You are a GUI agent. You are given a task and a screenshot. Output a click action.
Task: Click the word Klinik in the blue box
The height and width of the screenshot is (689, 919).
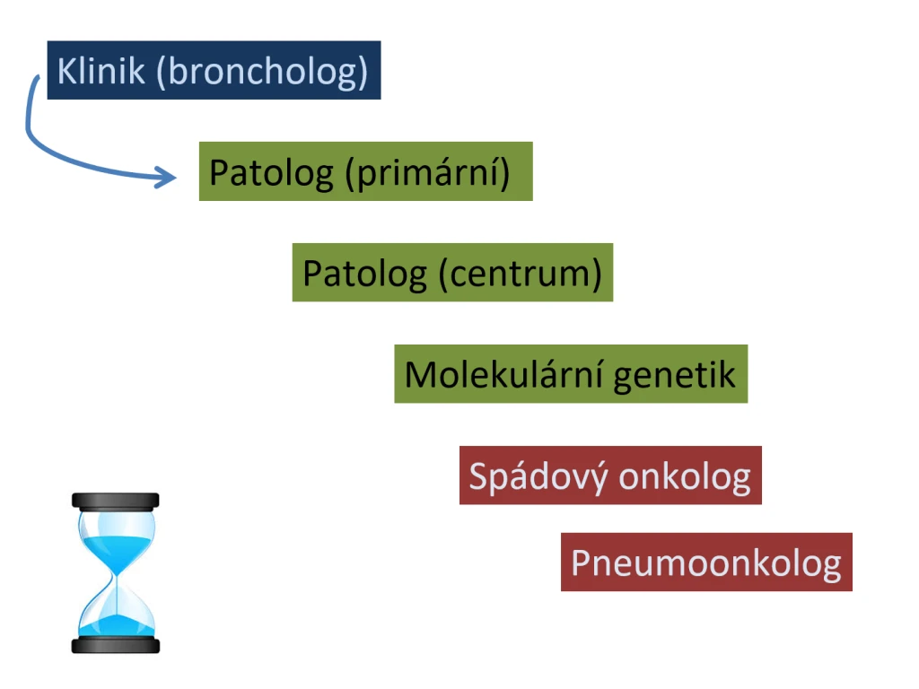point(101,71)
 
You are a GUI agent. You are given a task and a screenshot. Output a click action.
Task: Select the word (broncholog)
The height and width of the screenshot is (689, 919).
point(262,73)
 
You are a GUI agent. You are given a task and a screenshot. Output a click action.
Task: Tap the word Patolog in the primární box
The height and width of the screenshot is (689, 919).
point(271,173)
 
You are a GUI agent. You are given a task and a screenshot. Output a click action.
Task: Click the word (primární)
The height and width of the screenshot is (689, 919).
point(428,173)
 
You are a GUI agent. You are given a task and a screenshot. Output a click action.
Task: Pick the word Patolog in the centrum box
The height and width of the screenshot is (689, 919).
point(364,275)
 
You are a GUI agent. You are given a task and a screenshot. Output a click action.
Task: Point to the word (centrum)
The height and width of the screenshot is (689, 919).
point(521,275)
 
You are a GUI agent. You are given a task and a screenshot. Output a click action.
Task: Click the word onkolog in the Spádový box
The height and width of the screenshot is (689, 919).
point(685,477)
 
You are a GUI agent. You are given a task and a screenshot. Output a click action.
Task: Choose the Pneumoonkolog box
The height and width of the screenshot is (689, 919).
point(706,562)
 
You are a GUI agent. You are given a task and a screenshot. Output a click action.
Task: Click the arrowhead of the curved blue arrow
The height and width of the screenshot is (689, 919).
point(165,177)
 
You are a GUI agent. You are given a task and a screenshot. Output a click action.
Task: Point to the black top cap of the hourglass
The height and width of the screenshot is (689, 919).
point(116,501)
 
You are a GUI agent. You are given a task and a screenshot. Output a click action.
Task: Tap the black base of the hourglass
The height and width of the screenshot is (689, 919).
point(116,645)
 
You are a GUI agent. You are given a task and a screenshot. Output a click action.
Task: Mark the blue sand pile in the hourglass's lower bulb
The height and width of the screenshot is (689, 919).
point(117,625)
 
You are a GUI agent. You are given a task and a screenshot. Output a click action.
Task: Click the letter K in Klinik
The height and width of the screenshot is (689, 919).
point(67,72)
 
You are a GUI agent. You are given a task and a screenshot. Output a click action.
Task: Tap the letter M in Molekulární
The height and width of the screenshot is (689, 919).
point(420,374)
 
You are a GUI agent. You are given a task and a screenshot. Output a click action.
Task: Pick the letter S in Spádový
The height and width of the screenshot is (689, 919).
point(478,475)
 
